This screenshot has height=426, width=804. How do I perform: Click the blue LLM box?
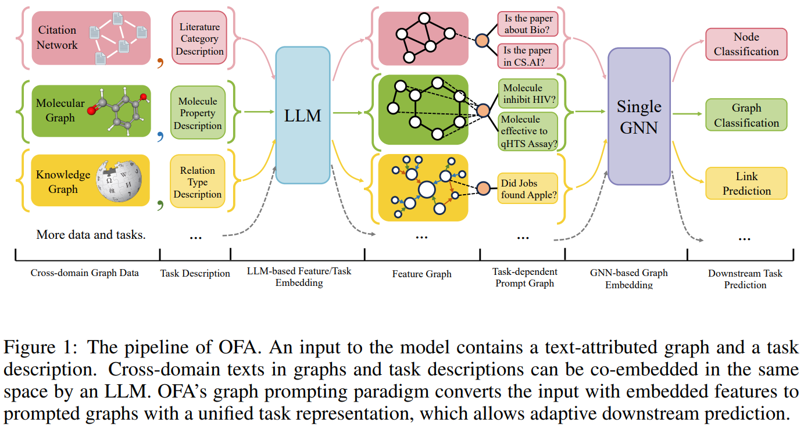[303, 115]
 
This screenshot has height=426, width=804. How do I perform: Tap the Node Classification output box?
[746, 44]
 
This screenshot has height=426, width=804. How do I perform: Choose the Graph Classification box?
[746, 115]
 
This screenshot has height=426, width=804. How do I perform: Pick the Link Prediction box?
[746, 184]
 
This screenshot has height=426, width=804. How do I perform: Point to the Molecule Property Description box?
[198, 113]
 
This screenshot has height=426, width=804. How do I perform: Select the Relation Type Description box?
[198, 182]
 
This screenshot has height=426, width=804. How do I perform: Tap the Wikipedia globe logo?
[120, 180]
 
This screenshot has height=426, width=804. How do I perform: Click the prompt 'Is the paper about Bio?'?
[528, 25]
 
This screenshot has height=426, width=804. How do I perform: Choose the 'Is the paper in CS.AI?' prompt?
[528, 56]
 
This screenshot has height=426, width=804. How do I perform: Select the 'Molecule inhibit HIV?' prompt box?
[528, 94]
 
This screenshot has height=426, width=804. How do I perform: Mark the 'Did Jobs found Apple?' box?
[528, 189]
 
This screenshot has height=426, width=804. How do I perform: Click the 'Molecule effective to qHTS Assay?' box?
[528, 131]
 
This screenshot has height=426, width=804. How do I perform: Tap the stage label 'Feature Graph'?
[421, 274]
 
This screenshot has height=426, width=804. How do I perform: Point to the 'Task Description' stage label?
[195, 273]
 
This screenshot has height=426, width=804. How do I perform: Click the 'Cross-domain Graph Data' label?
[85, 273]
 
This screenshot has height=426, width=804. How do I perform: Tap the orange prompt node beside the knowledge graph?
[484, 188]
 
